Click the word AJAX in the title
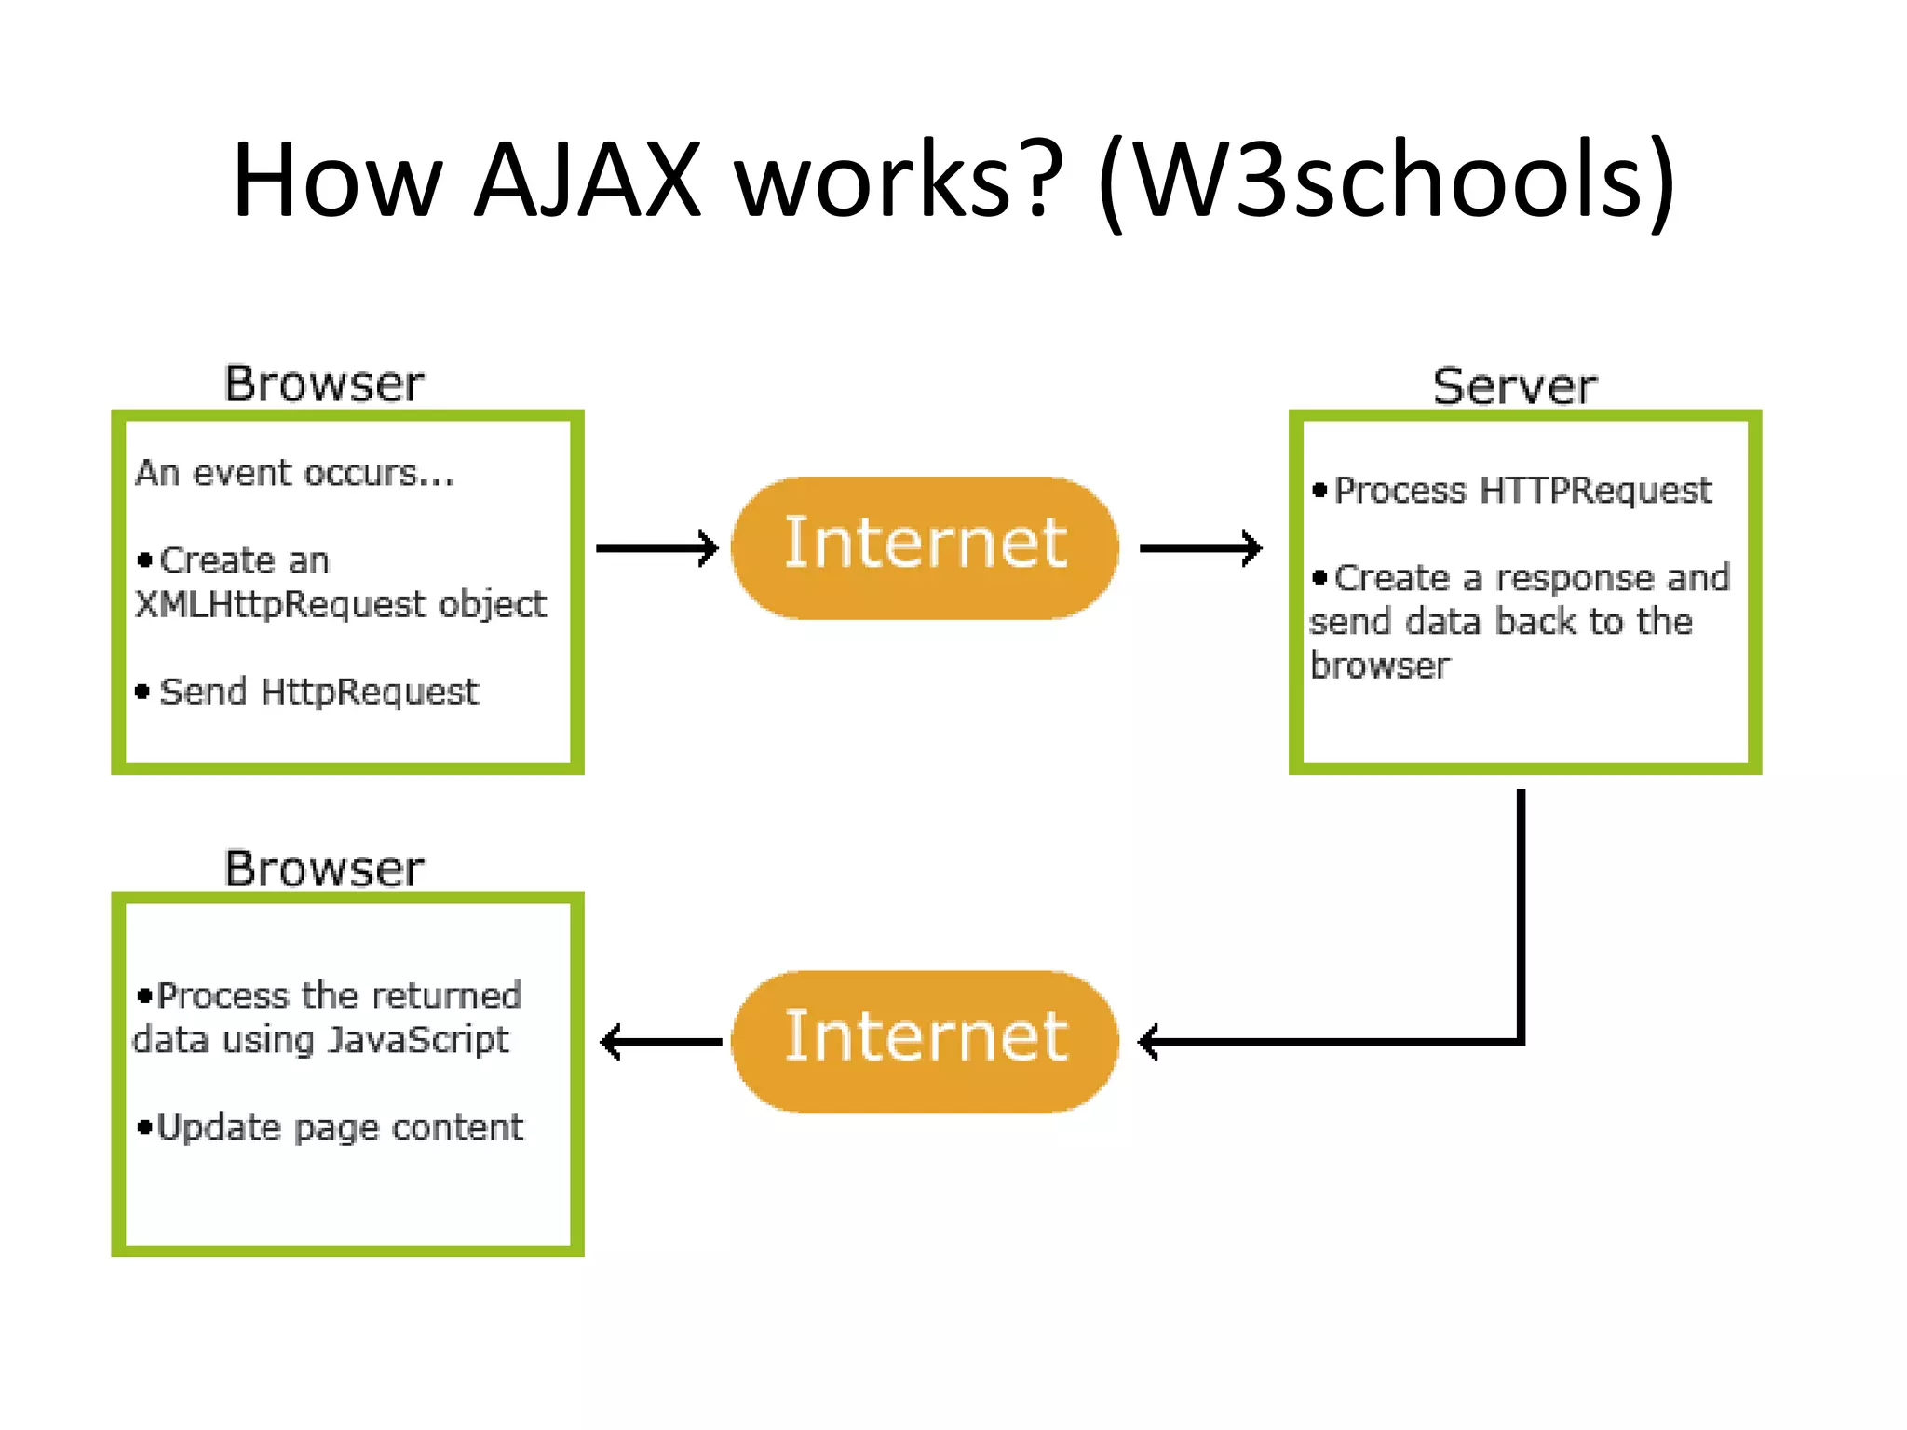click(x=587, y=179)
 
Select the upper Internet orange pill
click(x=925, y=547)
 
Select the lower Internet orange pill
click(x=925, y=1041)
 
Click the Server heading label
click(x=1515, y=385)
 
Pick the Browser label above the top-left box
click(x=324, y=383)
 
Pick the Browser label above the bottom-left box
click(x=324, y=868)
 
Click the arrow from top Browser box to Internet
click(x=656, y=547)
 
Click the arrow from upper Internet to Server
click(x=1199, y=547)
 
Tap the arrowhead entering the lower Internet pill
click(x=1151, y=1042)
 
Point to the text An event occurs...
click(x=294, y=474)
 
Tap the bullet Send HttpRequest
click(x=318, y=692)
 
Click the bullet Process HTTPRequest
click(x=1522, y=491)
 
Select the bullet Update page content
click(x=339, y=1127)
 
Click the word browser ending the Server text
click(x=1379, y=666)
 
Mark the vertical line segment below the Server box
click(x=1521, y=912)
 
